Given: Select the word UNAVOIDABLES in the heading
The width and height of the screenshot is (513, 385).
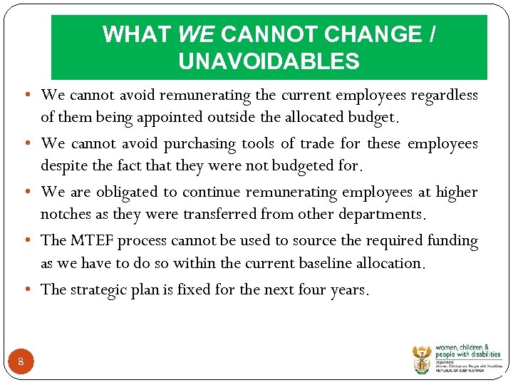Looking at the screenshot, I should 269,61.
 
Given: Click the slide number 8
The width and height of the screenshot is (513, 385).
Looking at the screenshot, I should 21,362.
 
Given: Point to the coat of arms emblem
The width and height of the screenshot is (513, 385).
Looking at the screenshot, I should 422,359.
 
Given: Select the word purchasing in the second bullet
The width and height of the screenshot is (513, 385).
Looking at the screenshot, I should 199,143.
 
